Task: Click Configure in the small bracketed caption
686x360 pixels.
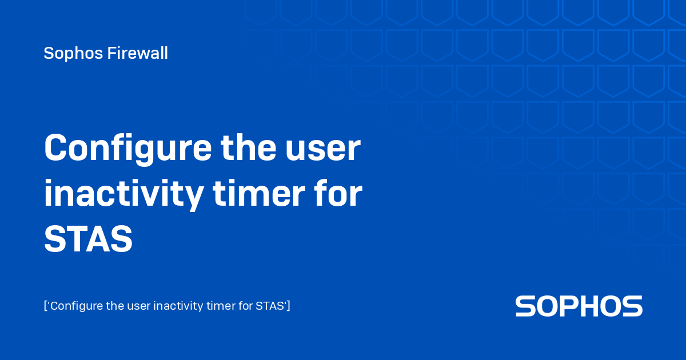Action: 75,306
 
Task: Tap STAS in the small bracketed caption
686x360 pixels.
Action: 270,306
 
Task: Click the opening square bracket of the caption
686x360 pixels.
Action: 45,306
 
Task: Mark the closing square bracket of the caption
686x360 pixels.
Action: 289,306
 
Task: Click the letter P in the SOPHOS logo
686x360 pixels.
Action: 570,306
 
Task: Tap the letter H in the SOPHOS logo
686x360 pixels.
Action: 592,306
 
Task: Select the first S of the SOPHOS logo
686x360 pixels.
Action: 526,306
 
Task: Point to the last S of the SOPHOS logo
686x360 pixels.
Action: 632,306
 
